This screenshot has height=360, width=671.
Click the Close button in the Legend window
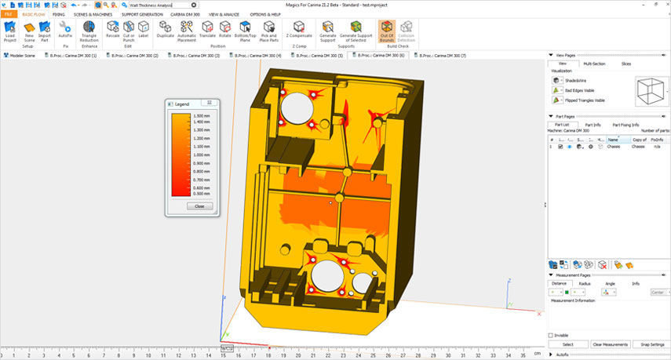[x=199, y=206]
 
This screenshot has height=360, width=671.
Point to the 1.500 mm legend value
[x=202, y=115]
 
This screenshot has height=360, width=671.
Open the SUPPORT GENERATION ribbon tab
[x=142, y=14]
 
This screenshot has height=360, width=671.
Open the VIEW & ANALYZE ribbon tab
[x=225, y=14]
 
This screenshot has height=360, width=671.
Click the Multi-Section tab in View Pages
[x=593, y=64]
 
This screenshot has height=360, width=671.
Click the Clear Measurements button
[x=609, y=344]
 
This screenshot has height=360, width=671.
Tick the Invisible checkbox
[x=551, y=335]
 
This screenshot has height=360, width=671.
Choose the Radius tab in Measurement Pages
[x=584, y=283]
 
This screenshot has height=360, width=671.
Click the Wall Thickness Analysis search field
[x=157, y=5]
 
